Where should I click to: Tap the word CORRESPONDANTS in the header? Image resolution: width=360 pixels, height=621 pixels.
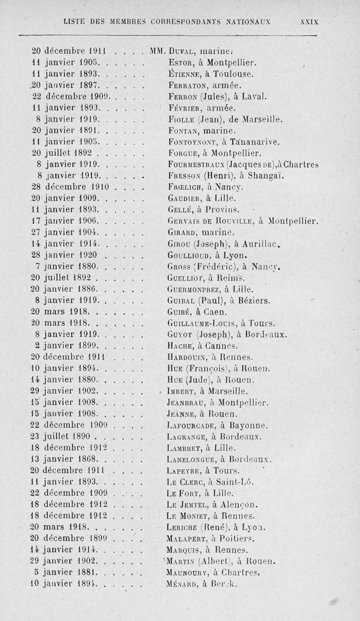pos(185,21)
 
